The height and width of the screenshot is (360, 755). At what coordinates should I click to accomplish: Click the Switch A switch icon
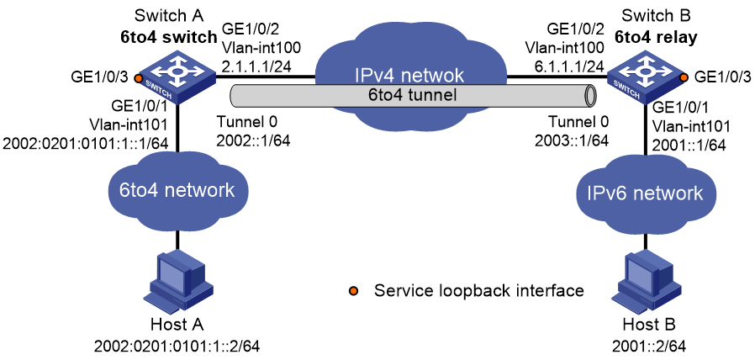coord(177,81)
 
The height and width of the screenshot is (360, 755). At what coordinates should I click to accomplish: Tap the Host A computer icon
coord(180,282)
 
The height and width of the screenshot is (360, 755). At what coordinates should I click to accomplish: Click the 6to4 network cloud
coord(177,190)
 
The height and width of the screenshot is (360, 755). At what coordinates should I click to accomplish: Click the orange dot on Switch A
coord(138,78)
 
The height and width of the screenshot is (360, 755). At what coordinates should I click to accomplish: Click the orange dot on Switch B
coord(683,78)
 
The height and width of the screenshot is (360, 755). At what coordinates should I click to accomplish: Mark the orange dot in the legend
coord(353,290)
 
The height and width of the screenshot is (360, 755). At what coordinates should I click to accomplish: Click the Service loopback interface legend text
coord(479,290)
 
